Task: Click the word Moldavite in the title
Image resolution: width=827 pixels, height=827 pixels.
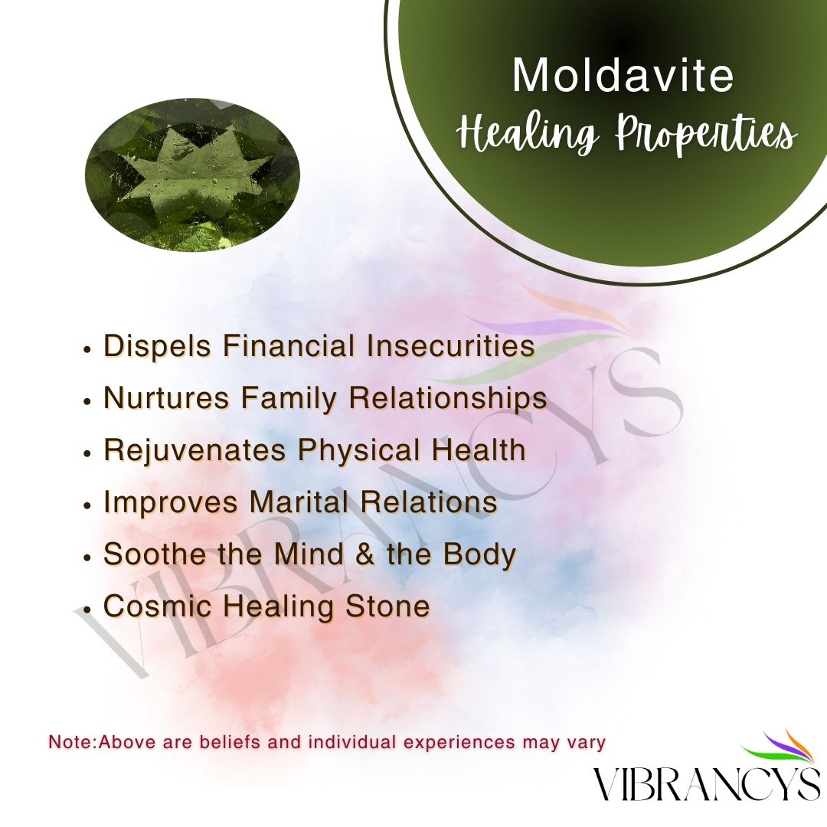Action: coord(623,74)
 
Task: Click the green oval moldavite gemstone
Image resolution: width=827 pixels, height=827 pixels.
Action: coord(192,173)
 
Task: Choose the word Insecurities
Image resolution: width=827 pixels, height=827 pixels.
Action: coord(450,346)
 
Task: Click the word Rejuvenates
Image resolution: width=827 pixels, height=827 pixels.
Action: coord(195,450)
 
